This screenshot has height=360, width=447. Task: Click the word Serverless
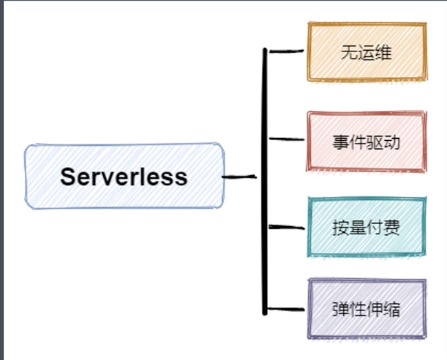(x=124, y=177)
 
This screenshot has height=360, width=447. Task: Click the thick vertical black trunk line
(x=264, y=206)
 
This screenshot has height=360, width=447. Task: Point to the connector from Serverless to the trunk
(x=239, y=177)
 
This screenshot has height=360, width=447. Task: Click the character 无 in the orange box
(x=347, y=53)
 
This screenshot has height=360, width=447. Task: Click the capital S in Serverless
(x=67, y=177)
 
